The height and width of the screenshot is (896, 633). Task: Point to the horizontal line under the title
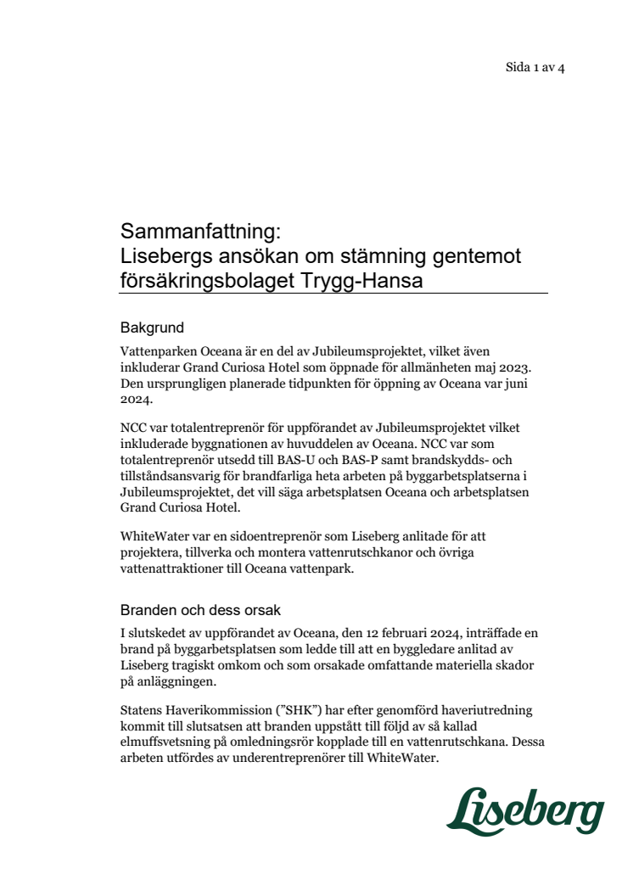click(x=333, y=294)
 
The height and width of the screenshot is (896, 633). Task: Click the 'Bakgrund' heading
click(x=152, y=327)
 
